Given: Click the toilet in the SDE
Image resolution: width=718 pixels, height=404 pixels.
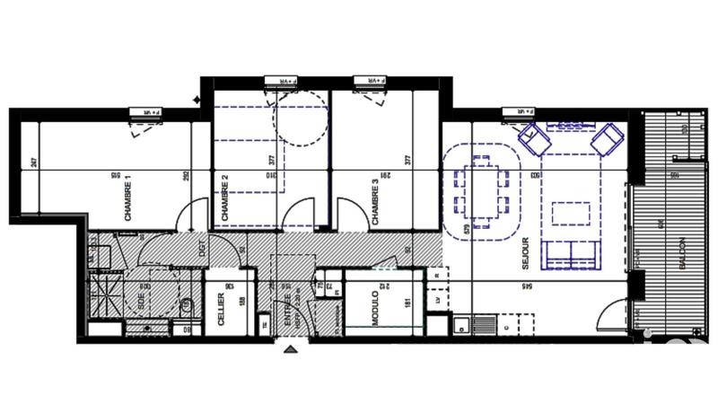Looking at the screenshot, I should (187, 307).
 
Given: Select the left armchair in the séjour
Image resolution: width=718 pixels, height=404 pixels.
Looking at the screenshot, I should (536, 139).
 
